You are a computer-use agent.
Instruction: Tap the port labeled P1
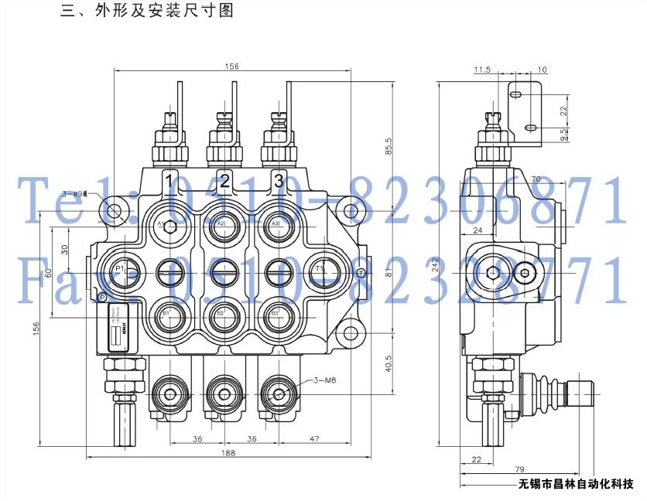pyautogui.click(x=122, y=268)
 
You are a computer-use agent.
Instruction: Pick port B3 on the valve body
pyautogui.click(x=276, y=313)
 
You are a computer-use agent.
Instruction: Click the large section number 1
pyautogui.click(x=169, y=182)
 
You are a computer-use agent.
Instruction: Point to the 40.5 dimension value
pyautogui.click(x=389, y=362)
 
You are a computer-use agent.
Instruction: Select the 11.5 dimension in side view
pyautogui.click(x=483, y=70)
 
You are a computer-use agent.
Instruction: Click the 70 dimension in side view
pyautogui.click(x=535, y=180)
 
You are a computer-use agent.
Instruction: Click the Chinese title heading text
pyautogui.click(x=147, y=12)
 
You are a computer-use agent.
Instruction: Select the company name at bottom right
pyautogui.click(x=577, y=486)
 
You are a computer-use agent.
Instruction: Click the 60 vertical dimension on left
pyautogui.click(x=47, y=272)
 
